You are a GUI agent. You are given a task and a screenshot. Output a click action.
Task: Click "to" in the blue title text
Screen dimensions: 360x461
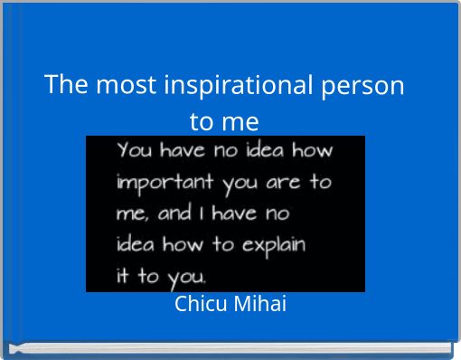202,120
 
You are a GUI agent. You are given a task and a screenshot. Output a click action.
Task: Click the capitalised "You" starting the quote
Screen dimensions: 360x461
135,150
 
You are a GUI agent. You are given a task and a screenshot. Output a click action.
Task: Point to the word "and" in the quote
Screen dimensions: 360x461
175,215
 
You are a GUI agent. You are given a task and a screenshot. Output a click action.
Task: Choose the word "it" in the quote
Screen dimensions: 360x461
123,276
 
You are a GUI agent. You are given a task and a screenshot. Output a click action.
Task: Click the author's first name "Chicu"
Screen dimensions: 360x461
201,305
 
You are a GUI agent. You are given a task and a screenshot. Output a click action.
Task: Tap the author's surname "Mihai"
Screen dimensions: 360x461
260,305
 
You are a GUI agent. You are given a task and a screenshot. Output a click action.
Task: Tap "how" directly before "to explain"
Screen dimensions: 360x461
184,245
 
